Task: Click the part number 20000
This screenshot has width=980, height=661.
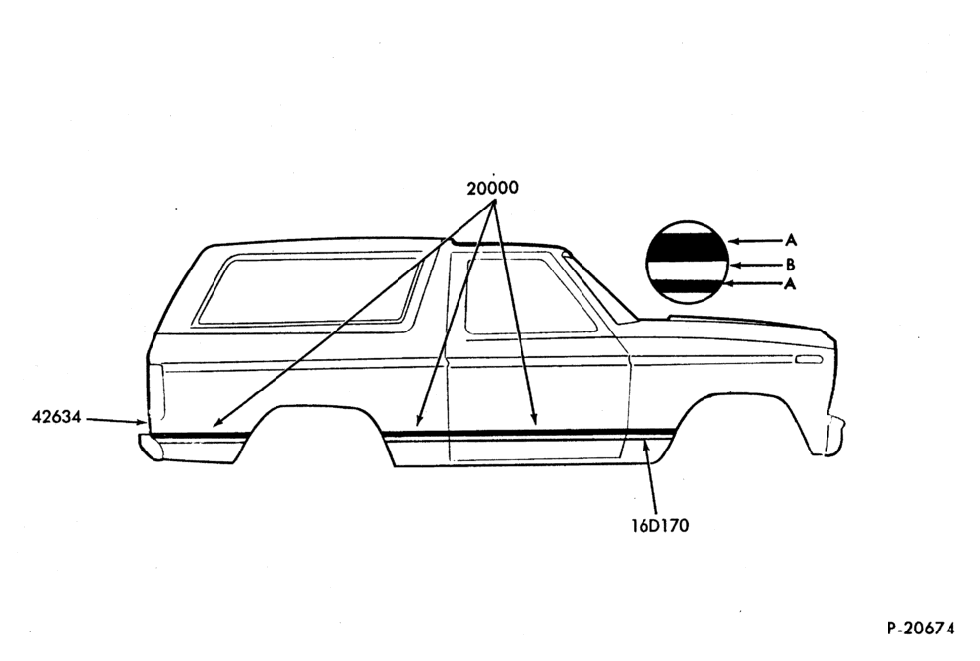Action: click(493, 188)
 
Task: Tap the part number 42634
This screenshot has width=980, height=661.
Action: click(56, 417)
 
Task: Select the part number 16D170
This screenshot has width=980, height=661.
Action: click(660, 526)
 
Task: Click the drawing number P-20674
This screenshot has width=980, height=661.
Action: click(921, 628)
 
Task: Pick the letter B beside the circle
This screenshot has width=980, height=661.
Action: click(791, 265)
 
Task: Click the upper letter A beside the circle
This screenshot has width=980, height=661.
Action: click(791, 240)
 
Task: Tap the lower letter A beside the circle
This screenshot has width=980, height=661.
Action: click(791, 284)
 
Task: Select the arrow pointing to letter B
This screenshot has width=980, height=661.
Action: click(757, 265)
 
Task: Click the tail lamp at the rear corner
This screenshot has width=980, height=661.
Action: click(156, 392)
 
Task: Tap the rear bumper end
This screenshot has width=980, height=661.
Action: click(150, 448)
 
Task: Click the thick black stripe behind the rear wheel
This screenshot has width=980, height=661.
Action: click(200, 434)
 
